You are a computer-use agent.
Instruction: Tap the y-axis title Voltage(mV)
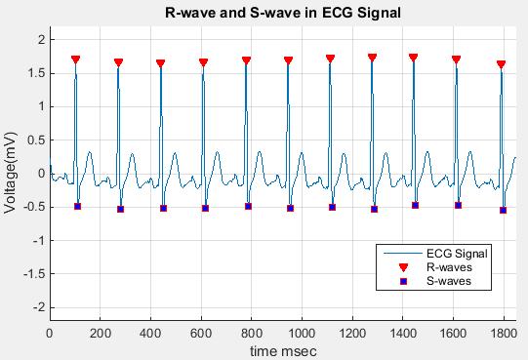click(12, 173)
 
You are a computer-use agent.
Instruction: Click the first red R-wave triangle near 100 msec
click(75, 60)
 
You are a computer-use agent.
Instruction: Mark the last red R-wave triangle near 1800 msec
click(501, 64)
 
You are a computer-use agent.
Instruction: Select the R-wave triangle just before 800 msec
click(246, 60)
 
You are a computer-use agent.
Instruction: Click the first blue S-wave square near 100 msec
click(77, 206)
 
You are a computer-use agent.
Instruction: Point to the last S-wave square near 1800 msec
click(504, 210)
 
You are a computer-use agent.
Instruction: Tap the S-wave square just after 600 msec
click(205, 208)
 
